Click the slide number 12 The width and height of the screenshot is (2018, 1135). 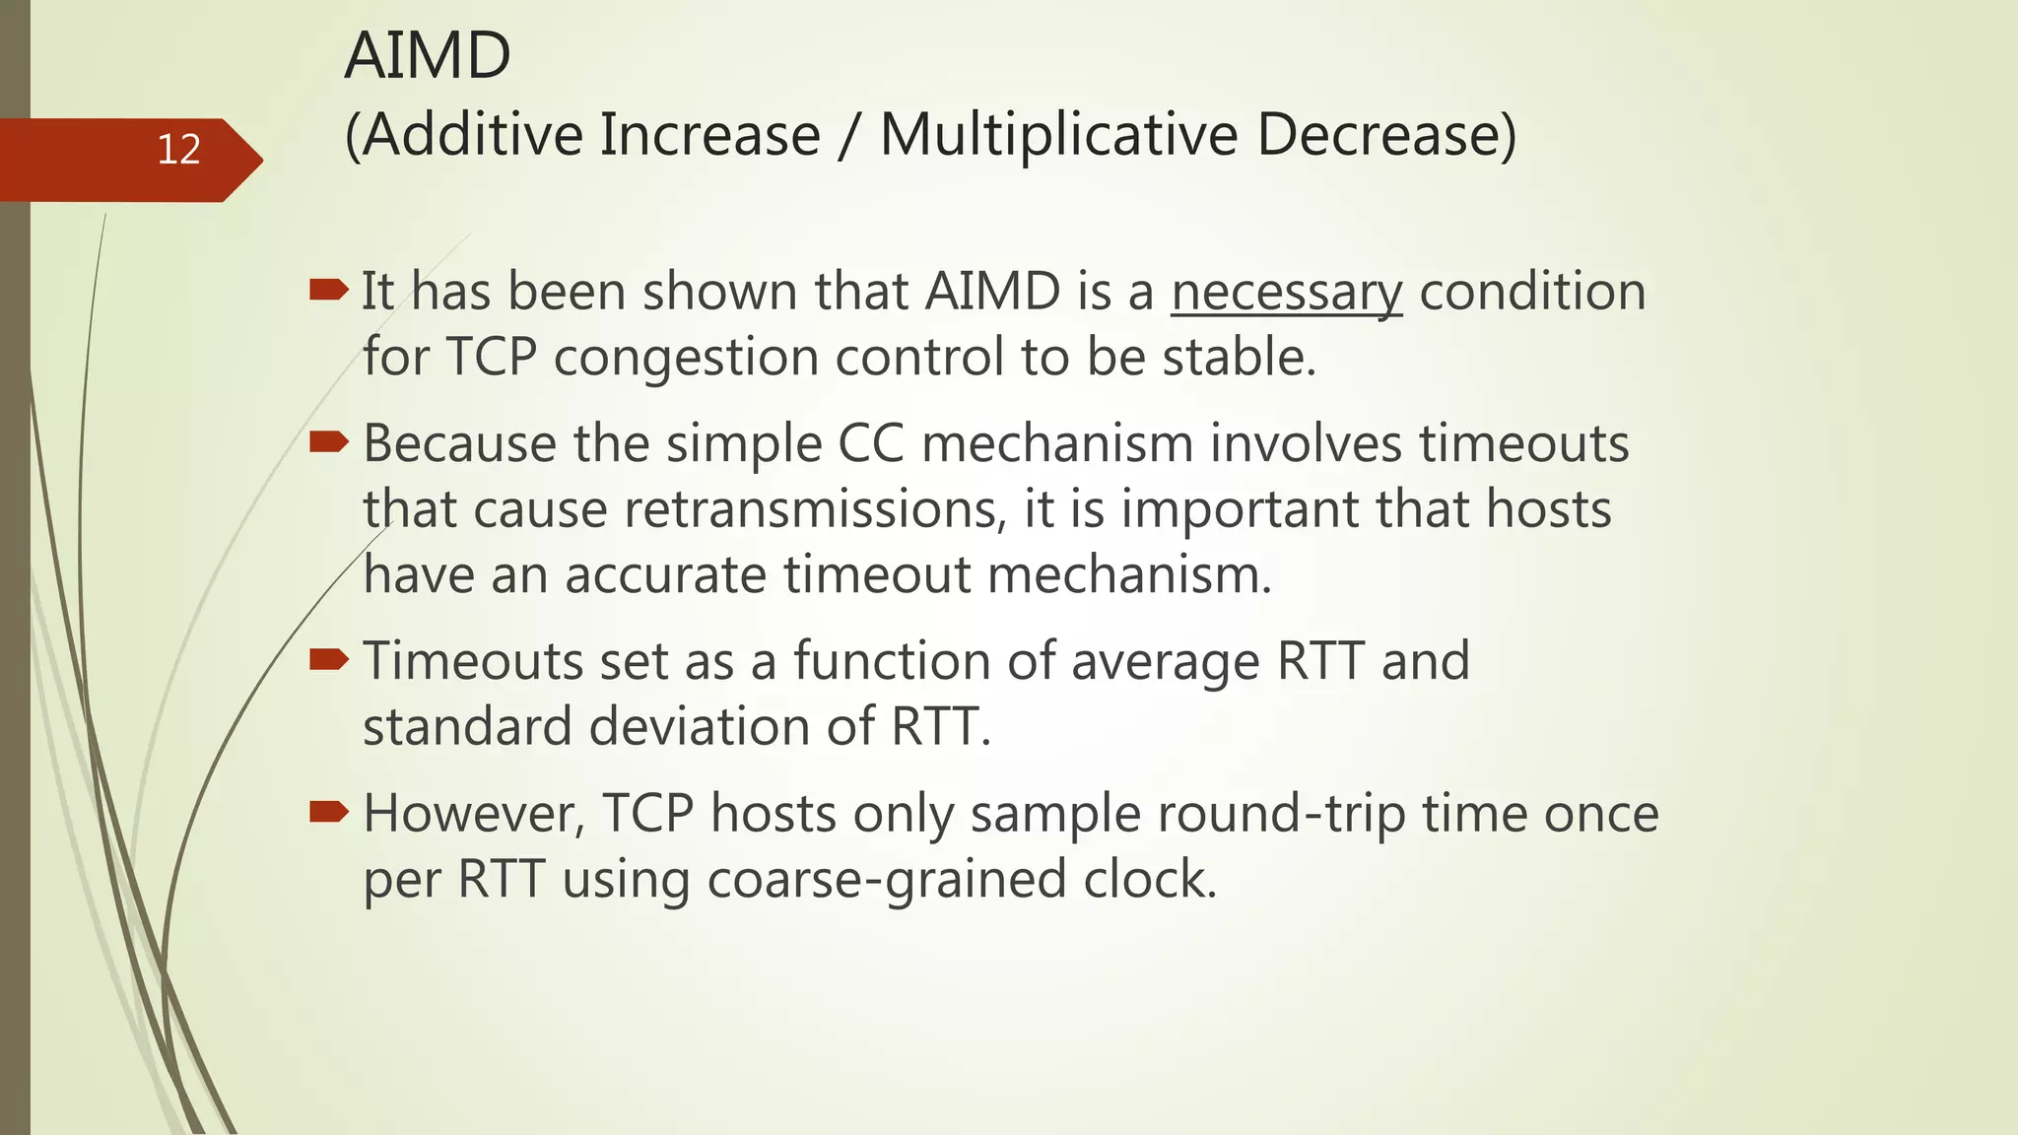pyautogui.click(x=178, y=150)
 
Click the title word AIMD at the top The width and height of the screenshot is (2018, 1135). pyautogui.click(x=428, y=56)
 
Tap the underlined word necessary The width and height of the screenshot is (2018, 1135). pyautogui.click(x=1286, y=293)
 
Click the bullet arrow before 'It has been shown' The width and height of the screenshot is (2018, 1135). pyautogui.click(x=328, y=290)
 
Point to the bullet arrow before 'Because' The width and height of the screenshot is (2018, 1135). pyautogui.click(x=328, y=442)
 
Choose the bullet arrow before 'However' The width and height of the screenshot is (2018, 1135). pyautogui.click(x=328, y=812)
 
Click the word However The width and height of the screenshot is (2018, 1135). pyautogui.click(x=474, y=814)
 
